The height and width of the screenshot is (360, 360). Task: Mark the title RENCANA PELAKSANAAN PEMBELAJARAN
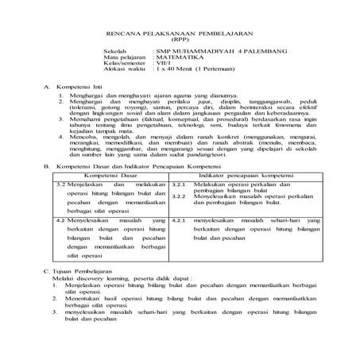coord(179,34)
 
